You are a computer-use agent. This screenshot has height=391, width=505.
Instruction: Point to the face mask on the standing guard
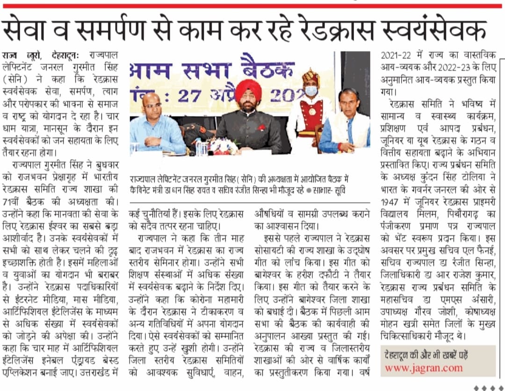click(x=310, y=91)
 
